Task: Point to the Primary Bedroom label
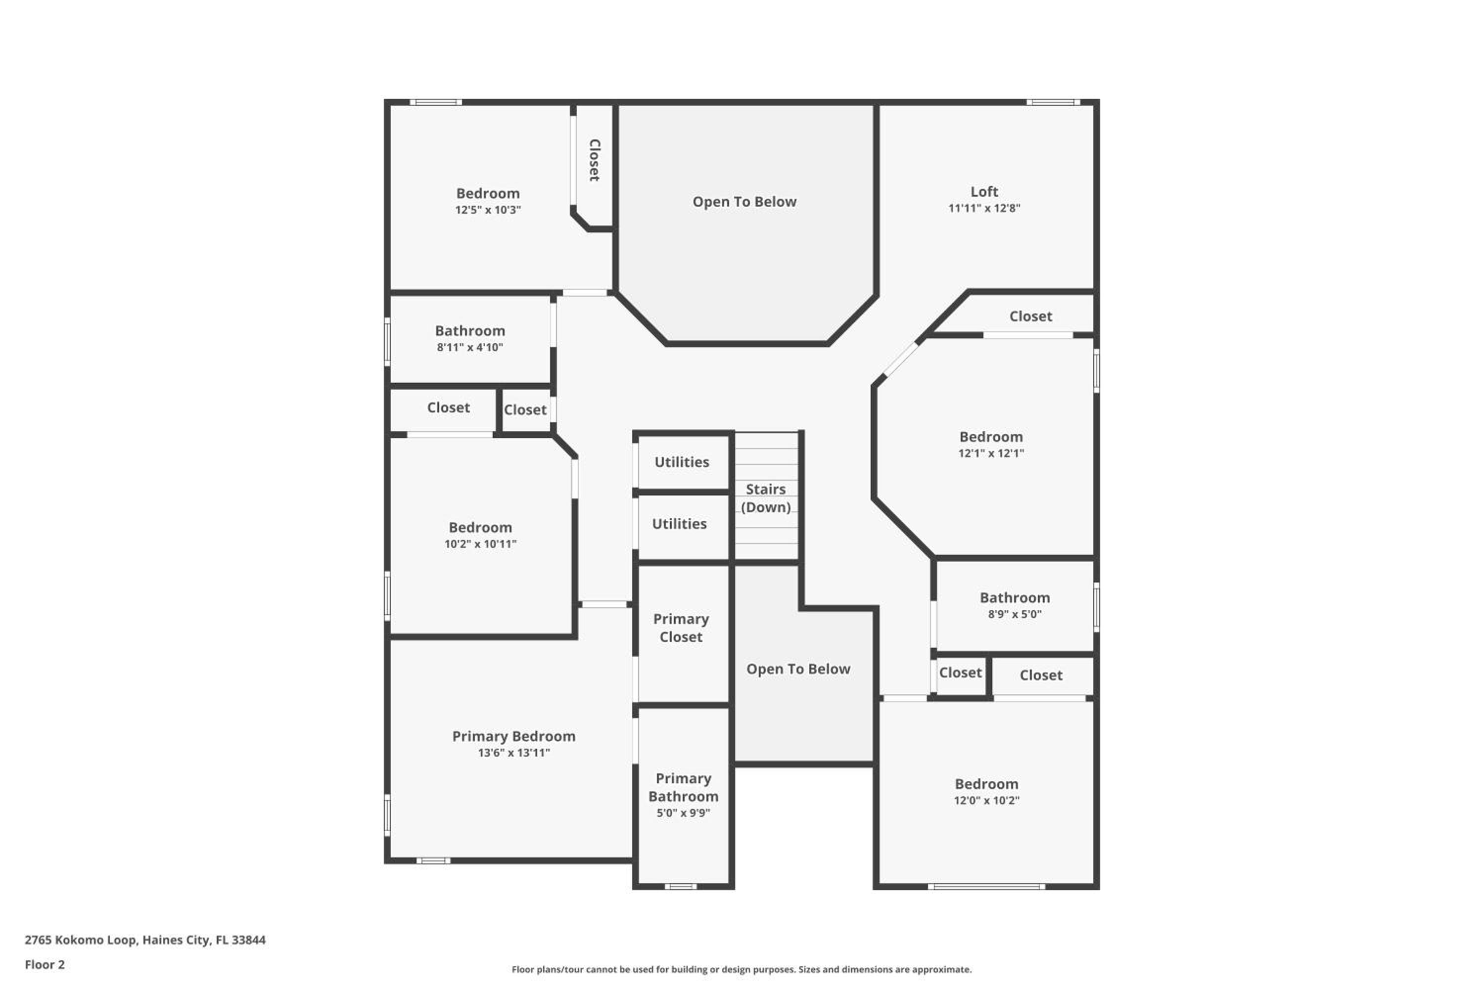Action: pyautogui.click(x=513, y=736)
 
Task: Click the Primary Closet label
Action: pyautogui.click(x=681, y=628)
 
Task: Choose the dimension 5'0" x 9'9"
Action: pyautogui.click(x=683, y=812)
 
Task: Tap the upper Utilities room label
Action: pyautogui.click(x=682, y=462)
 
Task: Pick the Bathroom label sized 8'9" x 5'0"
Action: pyautogui.click(x=1015, y=597)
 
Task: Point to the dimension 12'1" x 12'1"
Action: pyautogui.click(x=991, y=453)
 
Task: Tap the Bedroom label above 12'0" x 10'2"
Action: pyautogui.click(x=986, y=783)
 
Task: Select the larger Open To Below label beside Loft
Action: pyautogui.click(x=744, y=202)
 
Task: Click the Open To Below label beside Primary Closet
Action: pyautogui.click(x=798, y=669)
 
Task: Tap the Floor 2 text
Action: pyautogui.click(x=45, y=964)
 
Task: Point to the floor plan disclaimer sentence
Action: pyautogui.click(x=742, y=969)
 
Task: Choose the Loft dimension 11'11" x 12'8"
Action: pyautogui.click(x=984, y=208)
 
